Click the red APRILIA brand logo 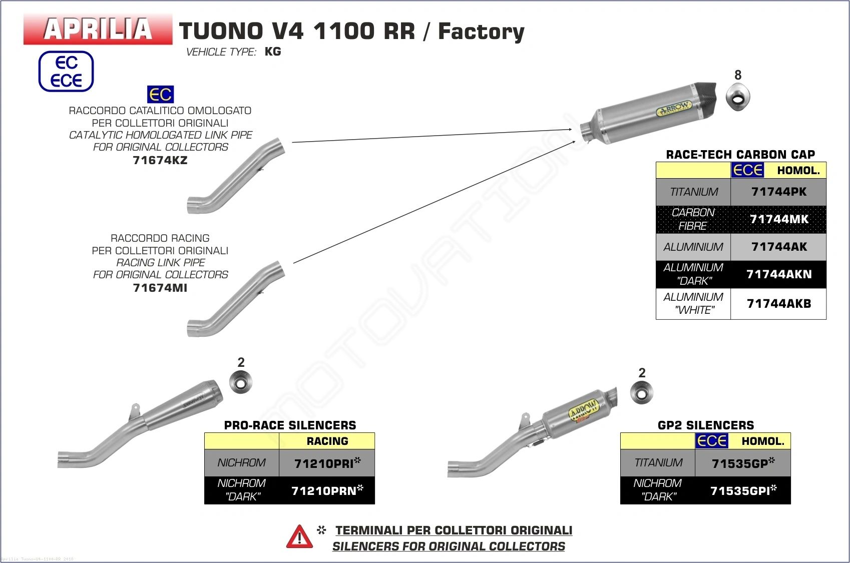tap(98, 29)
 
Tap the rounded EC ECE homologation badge tap(66, 72)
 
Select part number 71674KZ tap(160, 160)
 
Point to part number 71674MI tap(160, 288)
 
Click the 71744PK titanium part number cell tap(778, 192)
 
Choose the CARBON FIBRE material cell tap(693, 219)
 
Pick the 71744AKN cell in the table tap(778, 274)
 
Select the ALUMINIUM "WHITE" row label tap(693, 304)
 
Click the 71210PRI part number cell tap(327, 463)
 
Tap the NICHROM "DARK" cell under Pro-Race tap(242, 490)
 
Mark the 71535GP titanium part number tap(742, 463)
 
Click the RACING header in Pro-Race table tap(327, 441)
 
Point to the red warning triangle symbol tap(299, 537)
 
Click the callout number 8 tap(738, 75)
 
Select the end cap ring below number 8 tap(738, 98)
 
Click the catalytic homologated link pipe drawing tap(235, 175)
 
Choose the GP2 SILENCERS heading tap(706, 425)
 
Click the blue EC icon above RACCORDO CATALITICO tap(160, 94)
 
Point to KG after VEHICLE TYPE tap(273, 52)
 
